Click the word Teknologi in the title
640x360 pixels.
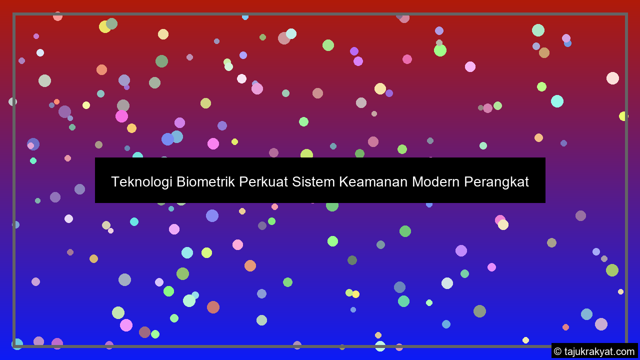tap(141, 182)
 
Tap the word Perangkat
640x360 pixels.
tap(496, 182)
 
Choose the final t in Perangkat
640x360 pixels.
tap(526, 182)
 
